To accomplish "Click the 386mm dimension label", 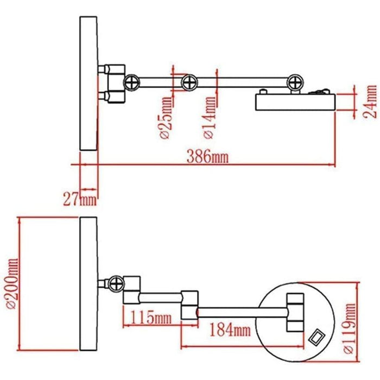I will (207, 157).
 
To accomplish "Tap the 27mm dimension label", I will (79, 199).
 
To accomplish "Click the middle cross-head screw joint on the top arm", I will (188, 83).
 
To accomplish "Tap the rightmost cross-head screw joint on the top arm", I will (295, 83).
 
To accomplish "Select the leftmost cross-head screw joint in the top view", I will (132, 83).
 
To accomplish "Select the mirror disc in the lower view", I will (89, 285).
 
